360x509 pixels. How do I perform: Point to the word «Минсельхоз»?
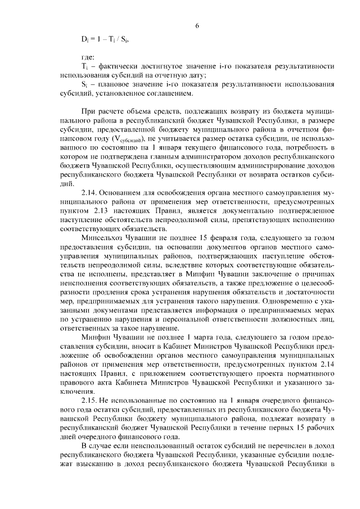click(103, 238)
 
